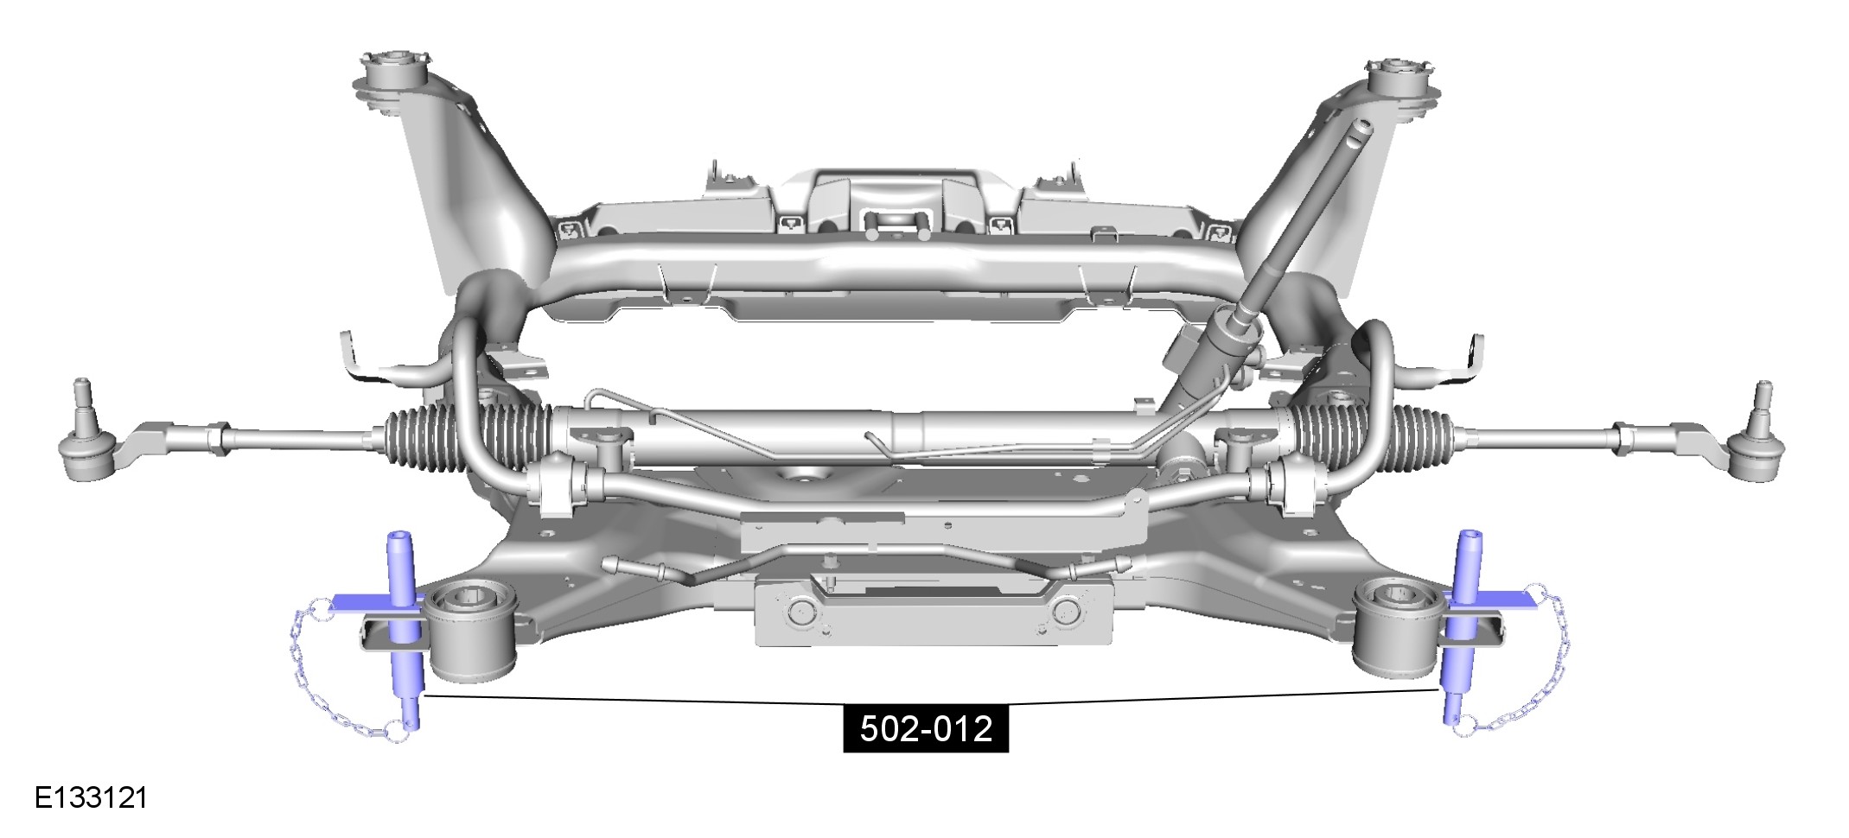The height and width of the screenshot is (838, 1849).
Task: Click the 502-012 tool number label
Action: (926, 729)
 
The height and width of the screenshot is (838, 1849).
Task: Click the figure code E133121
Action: (92, 797)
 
